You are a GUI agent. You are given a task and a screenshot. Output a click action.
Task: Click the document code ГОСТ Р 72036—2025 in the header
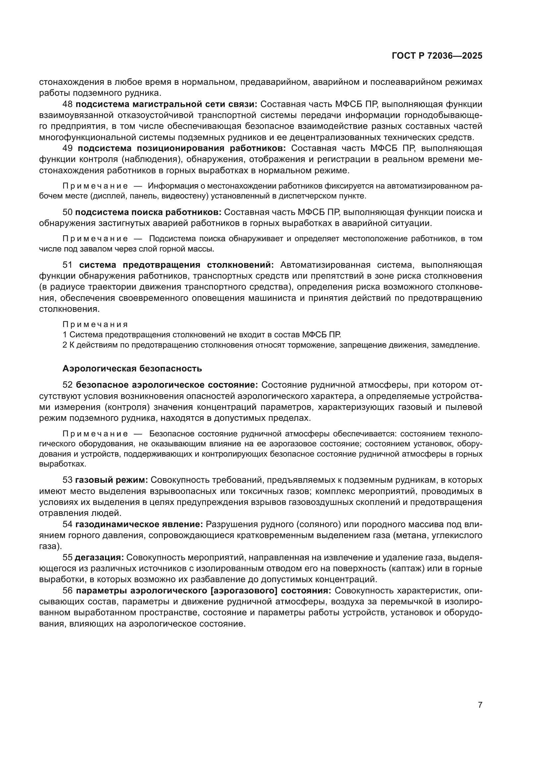coord(437,56)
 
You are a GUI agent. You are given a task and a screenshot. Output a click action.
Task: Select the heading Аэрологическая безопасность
coord(132,368)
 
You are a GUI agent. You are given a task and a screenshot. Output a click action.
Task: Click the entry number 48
coord(68,104)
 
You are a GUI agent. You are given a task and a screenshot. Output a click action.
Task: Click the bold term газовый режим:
coord(111,480)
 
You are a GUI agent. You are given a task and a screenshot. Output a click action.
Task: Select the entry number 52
coord(68,385)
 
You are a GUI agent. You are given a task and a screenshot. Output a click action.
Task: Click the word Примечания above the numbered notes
coord(95,324)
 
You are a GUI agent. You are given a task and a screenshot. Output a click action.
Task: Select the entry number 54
coord(68,524)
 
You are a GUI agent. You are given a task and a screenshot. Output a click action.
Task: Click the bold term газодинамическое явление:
coord(139,524)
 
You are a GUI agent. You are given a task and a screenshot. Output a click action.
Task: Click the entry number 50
coord(68,212)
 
